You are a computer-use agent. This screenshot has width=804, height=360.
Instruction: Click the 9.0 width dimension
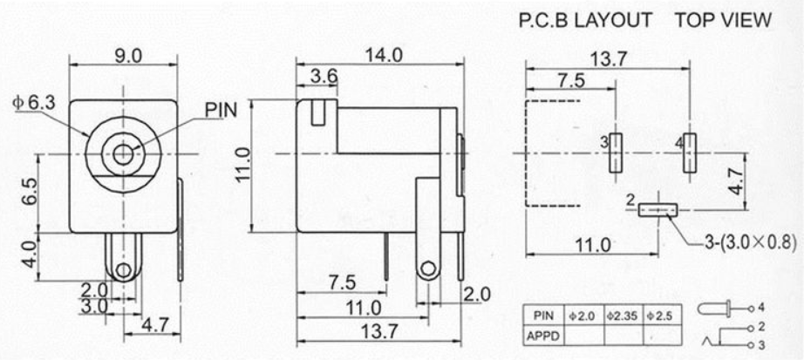(x=128, y=56)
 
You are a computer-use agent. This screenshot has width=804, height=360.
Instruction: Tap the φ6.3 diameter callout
(x=34, y=103)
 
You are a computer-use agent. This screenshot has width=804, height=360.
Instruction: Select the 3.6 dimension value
(x=324, y=77)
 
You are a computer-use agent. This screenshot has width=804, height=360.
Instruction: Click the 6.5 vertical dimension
(x=30, y=192)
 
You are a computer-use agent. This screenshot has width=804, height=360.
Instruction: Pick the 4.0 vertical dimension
(x=30, y=254)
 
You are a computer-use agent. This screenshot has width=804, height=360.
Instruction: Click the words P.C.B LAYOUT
(x=585, y=20)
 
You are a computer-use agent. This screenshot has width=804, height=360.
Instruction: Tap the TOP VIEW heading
(x=723, y=20)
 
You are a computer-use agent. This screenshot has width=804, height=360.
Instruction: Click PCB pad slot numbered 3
(x=616, y=153)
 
